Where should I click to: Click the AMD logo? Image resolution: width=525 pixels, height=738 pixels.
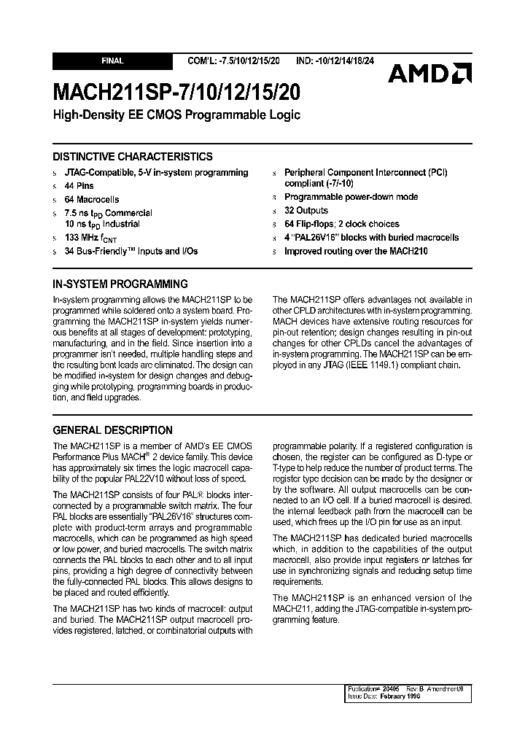click(x=429, y=73)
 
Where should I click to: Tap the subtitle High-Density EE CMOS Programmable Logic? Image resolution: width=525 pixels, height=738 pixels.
click(x=176, y=115)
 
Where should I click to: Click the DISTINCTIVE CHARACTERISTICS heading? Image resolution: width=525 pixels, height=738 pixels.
click(x=133, y=157)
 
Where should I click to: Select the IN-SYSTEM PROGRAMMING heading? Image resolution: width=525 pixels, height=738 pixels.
click(x=120, y=284)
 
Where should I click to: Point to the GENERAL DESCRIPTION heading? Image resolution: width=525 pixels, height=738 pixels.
click(x=113, y=430)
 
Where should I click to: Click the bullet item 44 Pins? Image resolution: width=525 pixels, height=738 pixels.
click(x=79, y=186)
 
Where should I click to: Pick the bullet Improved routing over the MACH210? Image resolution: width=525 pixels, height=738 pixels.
click(x=356, y=251)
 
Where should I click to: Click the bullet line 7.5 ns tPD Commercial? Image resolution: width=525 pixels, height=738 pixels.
click(x=108, y=213)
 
